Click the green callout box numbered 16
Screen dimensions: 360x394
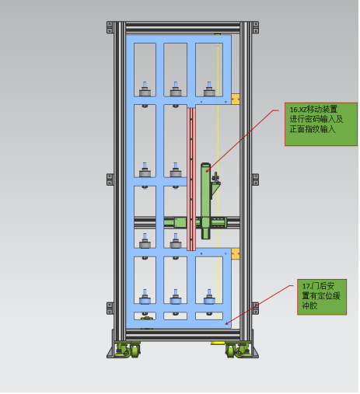[x=321, y=124]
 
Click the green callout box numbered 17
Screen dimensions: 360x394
[x=322, y=297]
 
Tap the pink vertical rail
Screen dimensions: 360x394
[x=191, y=179]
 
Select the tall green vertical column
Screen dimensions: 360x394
[x=205, y=200]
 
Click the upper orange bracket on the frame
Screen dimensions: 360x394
[x=236, y=99]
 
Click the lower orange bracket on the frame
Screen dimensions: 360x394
[x=236, y=253]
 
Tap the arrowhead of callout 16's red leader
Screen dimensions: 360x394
[x=208, y=170]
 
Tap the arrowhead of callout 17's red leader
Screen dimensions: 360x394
[x=227, y=323]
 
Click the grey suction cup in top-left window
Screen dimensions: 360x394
[x=145, y=89]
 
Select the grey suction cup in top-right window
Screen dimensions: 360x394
[x=209, y=89]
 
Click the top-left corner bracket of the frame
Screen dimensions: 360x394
[x=110, y=27]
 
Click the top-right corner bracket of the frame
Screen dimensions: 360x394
[x=256, y=27]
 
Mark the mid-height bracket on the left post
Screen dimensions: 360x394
[x=110, y=180]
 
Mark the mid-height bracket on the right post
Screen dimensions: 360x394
[x=256, y=180]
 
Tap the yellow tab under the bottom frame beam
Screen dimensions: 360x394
[x=218, y=343]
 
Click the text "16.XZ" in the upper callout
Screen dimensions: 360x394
[x=298, y=110]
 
